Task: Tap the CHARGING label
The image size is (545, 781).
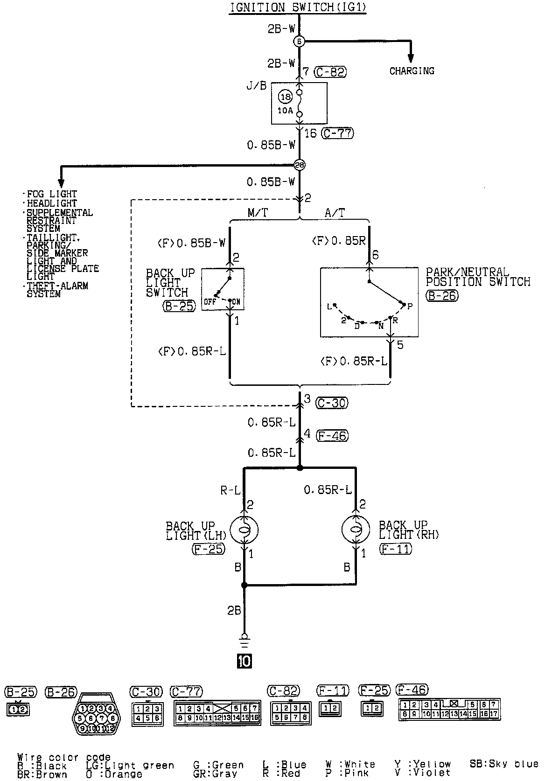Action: click(x=412, y=71)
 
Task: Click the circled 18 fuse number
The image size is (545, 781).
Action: click(x=285, y=97)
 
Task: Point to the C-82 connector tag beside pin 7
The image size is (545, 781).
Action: click(x=330, y=72)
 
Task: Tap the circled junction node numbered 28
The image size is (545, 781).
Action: click(x=299, y=165)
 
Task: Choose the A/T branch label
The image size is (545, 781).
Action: click(x=334, y=213)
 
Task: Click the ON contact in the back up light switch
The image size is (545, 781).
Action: click(x=236, y=302)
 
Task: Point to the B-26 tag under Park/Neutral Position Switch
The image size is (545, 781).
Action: click(x=442, y=295)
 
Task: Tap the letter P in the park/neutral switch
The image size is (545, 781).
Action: click(x=410, y=307)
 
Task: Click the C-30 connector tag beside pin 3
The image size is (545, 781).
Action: click(x=332, y=403)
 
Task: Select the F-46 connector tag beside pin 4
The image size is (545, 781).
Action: click(x=332, y=435)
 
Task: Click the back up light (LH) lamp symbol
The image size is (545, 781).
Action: click(x=244, y=530)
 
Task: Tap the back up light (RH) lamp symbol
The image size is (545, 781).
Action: click(x=356, y=530)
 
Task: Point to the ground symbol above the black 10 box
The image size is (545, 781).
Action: click(x=244, y=639)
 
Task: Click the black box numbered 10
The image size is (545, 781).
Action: click(x=244, y=661)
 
